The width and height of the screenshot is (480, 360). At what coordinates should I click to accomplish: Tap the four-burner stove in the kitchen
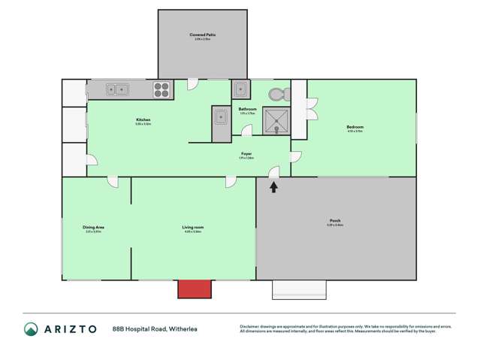pyautogui.click(x=162, y=89)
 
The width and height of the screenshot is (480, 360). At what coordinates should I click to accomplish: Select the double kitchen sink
pyautogui.click(x=118, y=89)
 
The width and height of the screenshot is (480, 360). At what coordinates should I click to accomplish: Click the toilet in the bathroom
pyautogui.click(x=278, y=93)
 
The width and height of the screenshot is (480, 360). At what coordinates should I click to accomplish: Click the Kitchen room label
pyautogui.click(x=143, y=120)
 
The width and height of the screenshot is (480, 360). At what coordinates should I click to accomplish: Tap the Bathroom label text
pyautogui.click(x=247, y=109)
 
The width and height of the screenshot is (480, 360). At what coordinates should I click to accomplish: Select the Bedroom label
pyautogui.click(x=355, y=127)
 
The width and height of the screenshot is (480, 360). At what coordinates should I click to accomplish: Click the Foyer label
pyautogui.click(x=246, y=153)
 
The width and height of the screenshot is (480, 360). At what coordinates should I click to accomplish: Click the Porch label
pyautogui.click(x=335, y=220)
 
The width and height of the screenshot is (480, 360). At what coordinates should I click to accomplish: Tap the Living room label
pyautogui.click(x=193, y=226)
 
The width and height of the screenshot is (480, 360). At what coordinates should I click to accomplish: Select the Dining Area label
pyautogui.click(x=93, y=226)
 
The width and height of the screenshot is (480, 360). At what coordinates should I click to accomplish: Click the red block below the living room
pyautogui.click(x=193, y=289)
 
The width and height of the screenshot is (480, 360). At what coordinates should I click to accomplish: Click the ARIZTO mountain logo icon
pyautogui.click(x=31, y=328)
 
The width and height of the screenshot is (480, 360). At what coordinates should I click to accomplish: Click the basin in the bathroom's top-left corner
pyautogui.click(x=240, y=89)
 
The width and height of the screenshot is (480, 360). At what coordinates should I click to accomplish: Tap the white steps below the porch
pyautogui.click(x=300, y=289)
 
